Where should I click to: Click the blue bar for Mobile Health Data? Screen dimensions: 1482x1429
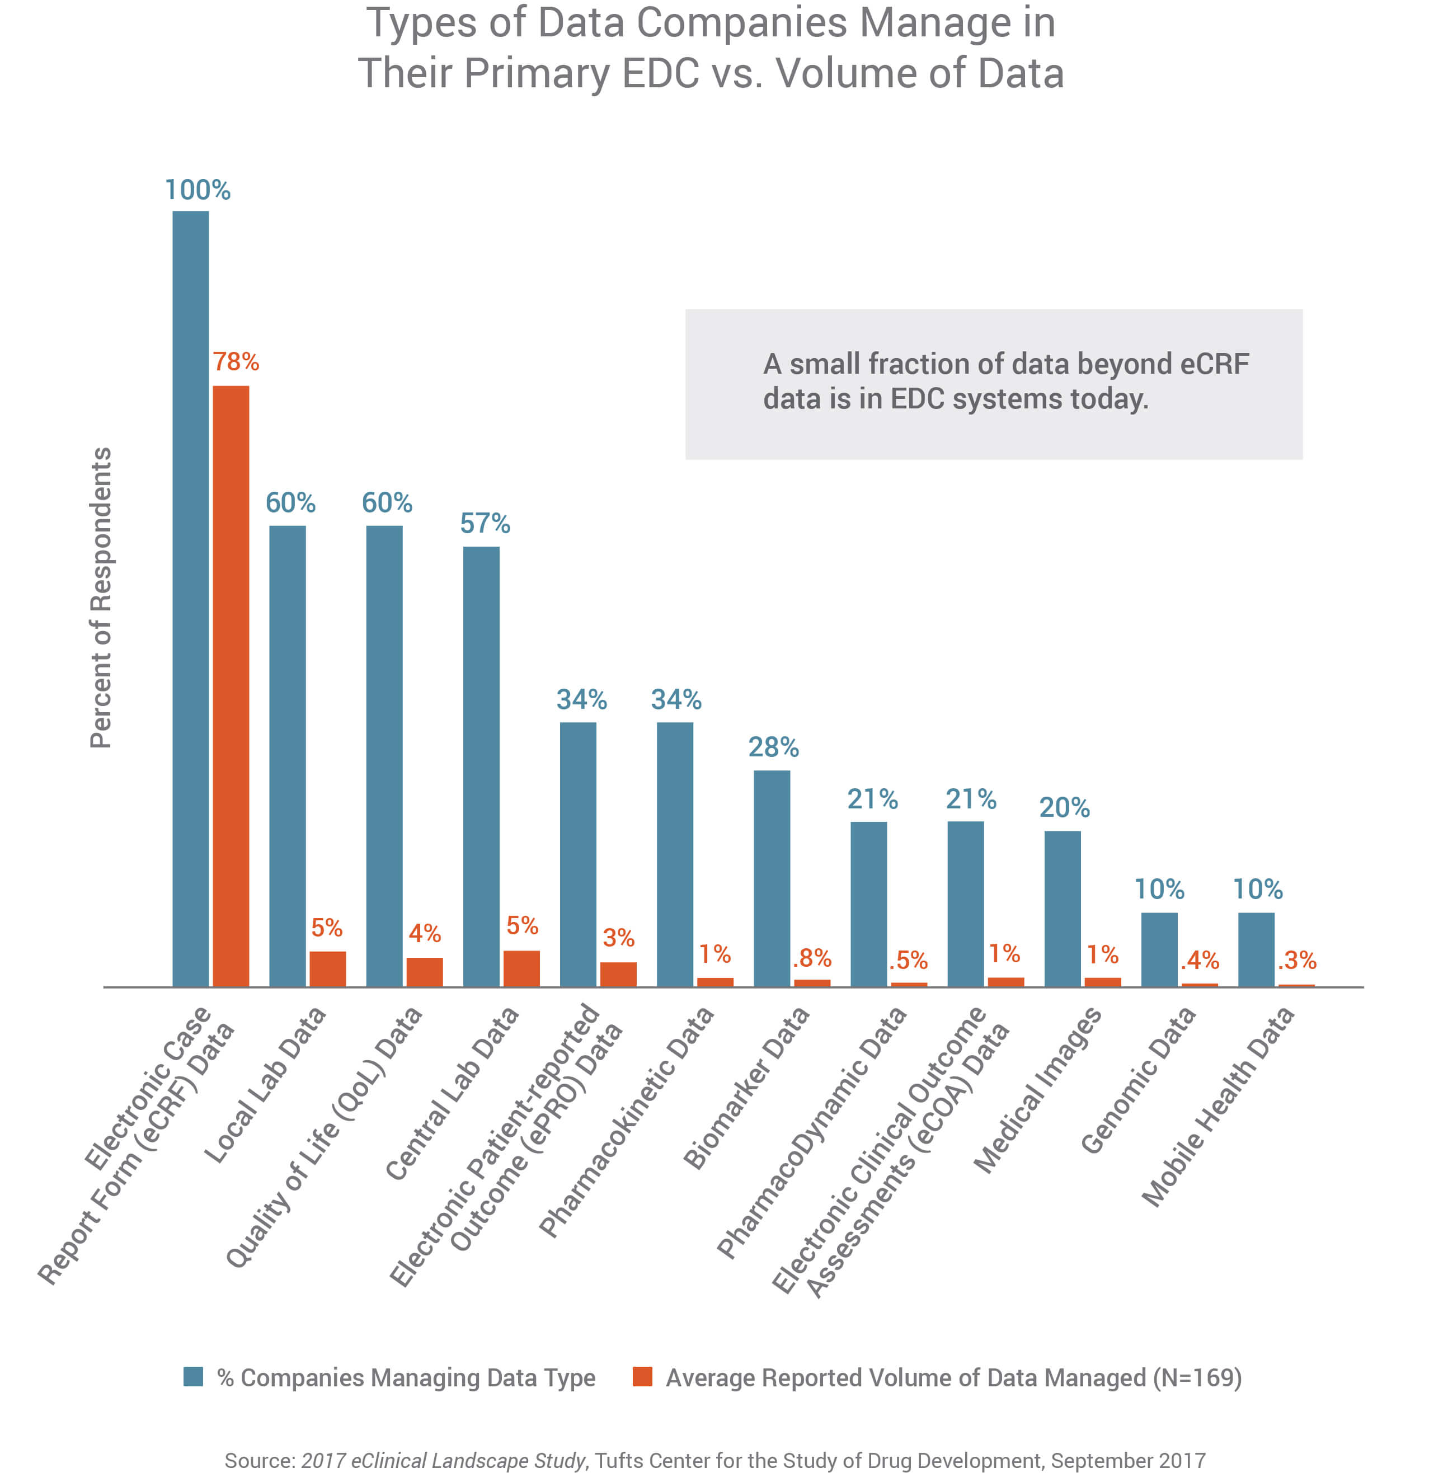coord(1256,949)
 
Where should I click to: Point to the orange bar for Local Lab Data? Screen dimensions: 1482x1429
coord(327,968)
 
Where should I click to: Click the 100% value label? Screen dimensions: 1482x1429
coord(198,190)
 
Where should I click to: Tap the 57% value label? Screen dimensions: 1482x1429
coord(485,523)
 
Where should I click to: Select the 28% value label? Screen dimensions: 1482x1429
coord(773,747)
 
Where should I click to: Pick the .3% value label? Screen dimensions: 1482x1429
coord(1297,960)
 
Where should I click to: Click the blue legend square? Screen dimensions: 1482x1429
coord(194,1376)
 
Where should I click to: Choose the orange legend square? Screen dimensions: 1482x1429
coord(642,1376)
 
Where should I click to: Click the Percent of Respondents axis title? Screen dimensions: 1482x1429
coord(101,597)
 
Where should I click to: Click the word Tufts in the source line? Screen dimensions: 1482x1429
coord(615,1460)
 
